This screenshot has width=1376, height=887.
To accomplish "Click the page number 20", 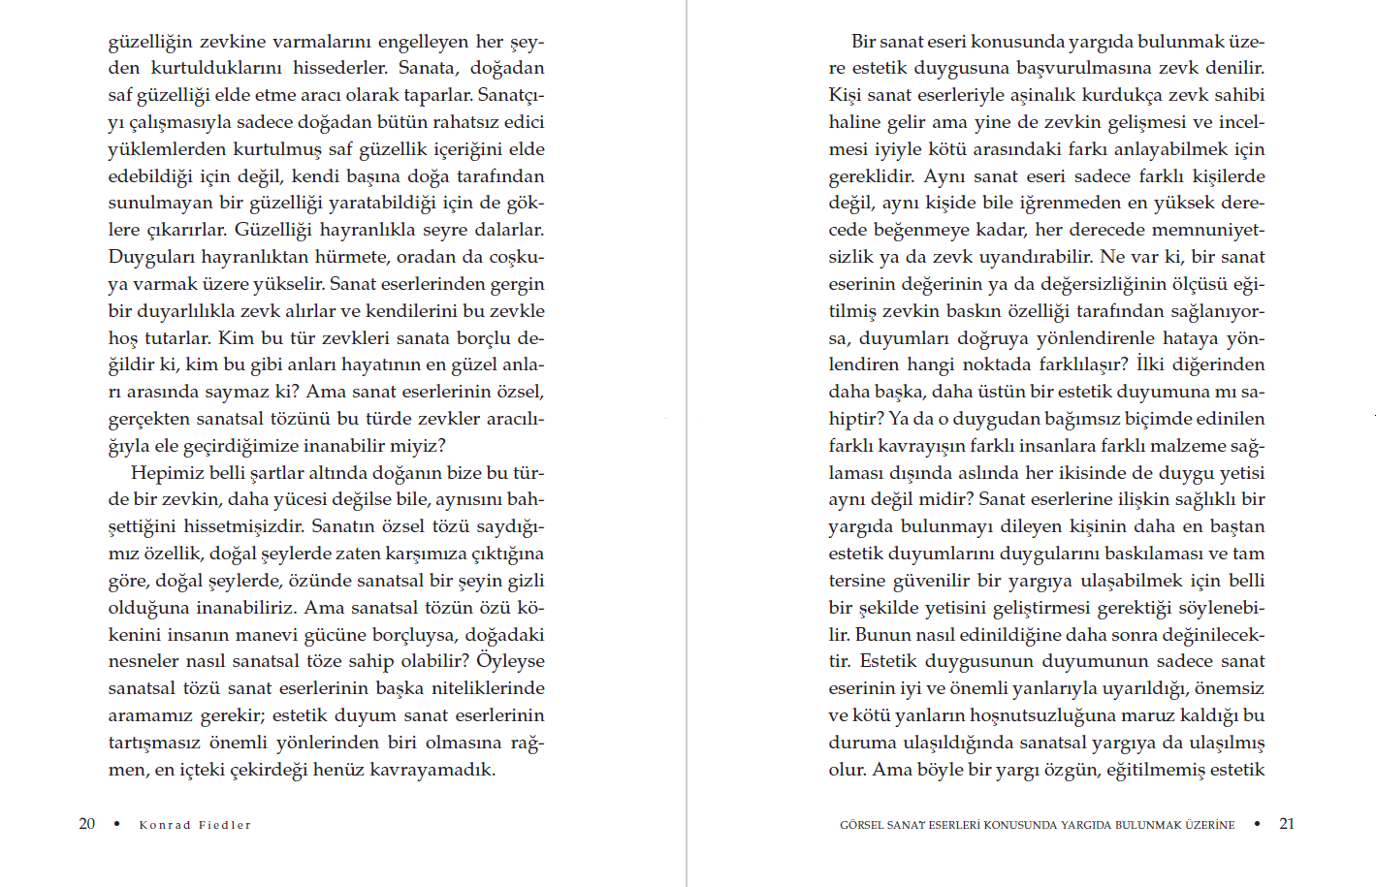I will pos(87,824).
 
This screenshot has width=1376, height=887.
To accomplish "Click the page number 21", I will pos(1287,824).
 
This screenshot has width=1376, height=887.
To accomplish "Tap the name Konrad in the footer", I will pos(165,825).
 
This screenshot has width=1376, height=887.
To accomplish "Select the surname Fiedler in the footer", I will pos(225,825).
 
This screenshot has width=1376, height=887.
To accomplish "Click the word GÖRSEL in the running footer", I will pos(861,825).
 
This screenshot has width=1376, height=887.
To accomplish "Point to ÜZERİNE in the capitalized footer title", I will pos(1210,825).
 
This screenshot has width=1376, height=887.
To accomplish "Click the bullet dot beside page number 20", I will pos(117,824).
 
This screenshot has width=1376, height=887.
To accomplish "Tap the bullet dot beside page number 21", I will pos(1257,824).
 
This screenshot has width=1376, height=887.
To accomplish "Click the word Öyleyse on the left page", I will pos(510,661).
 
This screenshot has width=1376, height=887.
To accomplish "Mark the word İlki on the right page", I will pos(1151,364).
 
